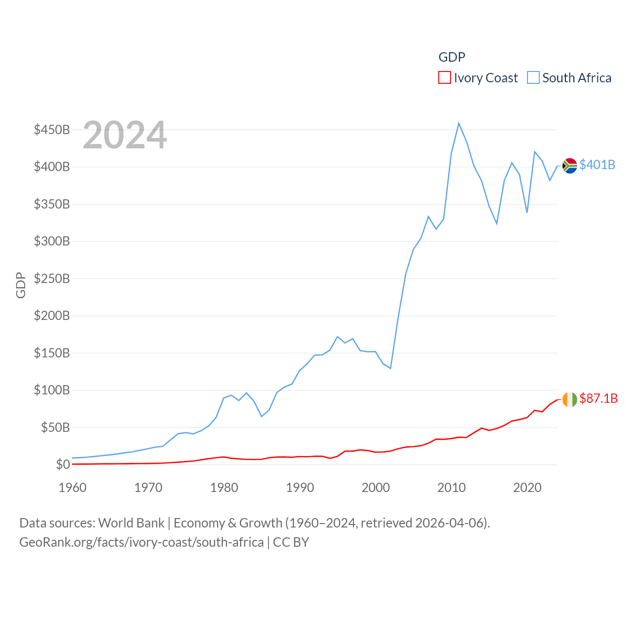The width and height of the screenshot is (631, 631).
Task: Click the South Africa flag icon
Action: (569, 166)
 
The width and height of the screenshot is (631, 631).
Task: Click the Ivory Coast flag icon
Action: (569, 399)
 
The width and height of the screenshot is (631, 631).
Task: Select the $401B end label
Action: (597, 165)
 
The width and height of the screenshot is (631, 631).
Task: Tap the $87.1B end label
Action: (598, 398)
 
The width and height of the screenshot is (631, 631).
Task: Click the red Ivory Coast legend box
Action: (444, 78)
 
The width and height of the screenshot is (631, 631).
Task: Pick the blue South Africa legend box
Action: (533, 78)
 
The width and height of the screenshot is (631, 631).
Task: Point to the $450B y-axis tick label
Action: (52, 130)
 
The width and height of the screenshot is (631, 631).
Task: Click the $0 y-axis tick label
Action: (63, 464)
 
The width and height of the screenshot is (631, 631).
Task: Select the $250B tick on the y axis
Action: (52, 279)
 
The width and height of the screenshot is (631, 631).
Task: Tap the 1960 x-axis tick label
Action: (72, 488)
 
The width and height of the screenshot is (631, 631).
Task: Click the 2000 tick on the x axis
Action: (376, 488)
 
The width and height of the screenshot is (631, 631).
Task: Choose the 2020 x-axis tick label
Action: (527, 488)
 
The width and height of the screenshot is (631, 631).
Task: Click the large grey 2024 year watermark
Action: (125, 135)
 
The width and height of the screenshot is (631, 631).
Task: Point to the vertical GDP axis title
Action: (21, 285)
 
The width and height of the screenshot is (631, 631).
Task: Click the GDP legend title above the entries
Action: (452, 57)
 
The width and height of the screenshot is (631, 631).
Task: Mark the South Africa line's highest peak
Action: (458, 123)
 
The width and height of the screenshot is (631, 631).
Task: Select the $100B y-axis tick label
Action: (52, 390)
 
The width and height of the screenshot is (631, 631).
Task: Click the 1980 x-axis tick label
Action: (224, 488)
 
